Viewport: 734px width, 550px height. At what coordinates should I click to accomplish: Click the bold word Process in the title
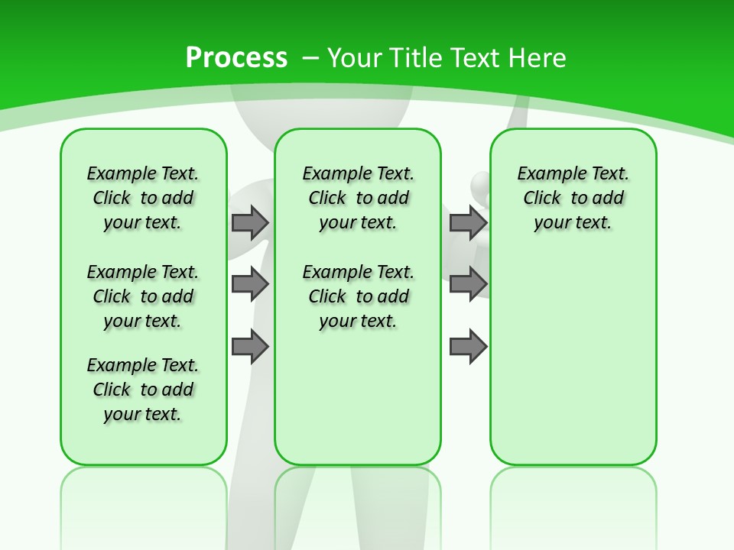click(x=236, y=58)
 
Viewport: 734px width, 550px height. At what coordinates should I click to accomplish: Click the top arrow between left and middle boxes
click(x=250, y=222)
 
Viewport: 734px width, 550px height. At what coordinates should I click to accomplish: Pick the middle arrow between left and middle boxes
click(x=250, y=284)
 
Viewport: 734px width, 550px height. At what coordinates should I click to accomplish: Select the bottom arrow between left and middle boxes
click(x=250, y=347)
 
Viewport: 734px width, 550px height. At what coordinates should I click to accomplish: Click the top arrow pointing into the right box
click(x=468, y=222)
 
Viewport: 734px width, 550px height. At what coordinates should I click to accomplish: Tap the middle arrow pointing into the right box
click(x=468, y=284)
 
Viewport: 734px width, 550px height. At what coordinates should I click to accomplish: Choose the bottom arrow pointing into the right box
click(x=468, y=347)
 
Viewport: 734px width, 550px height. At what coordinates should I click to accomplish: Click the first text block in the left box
click(x=143, y=198)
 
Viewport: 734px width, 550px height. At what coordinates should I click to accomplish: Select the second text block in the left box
click(x=143, y=296)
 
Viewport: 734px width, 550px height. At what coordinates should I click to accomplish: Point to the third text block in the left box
click(x=143, y=390)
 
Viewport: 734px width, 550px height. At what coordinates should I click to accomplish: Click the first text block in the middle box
click(x=358, y=198)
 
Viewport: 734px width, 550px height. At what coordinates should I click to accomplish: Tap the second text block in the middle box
click(x=358, y=296)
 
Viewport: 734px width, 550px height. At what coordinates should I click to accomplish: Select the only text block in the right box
click(x=573, y=198)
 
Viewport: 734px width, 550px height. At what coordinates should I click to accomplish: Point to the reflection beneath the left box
click(x=144, y=504)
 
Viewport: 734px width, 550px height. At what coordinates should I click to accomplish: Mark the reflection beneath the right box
click(x=573, y=504)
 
